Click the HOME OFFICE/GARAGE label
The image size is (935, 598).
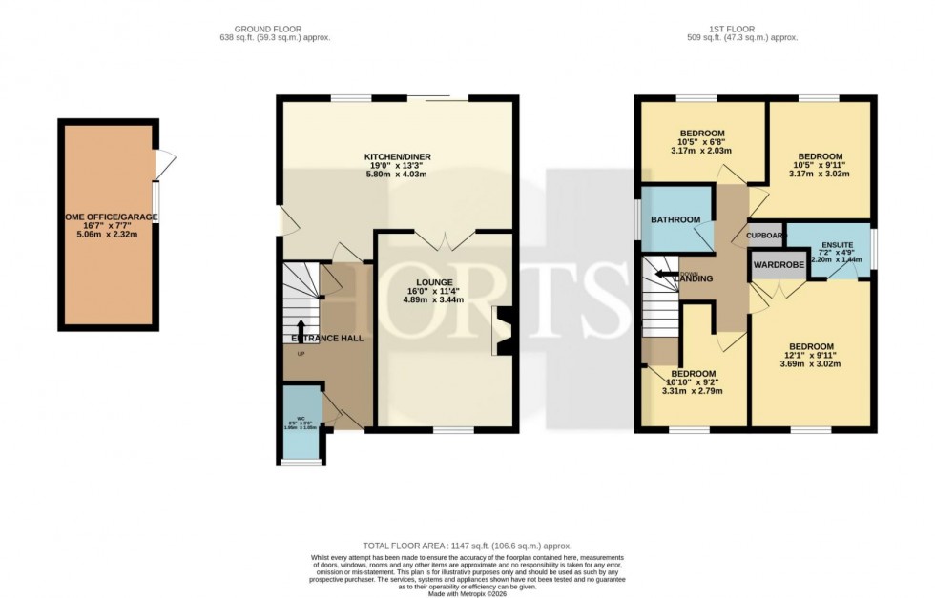click(108, 217)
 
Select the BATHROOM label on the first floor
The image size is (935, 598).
click(675, 220)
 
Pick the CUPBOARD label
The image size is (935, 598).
click(765, 236)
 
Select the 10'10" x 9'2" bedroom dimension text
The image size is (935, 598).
click(693, 382)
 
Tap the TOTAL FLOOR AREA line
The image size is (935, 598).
click(467, 546)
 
